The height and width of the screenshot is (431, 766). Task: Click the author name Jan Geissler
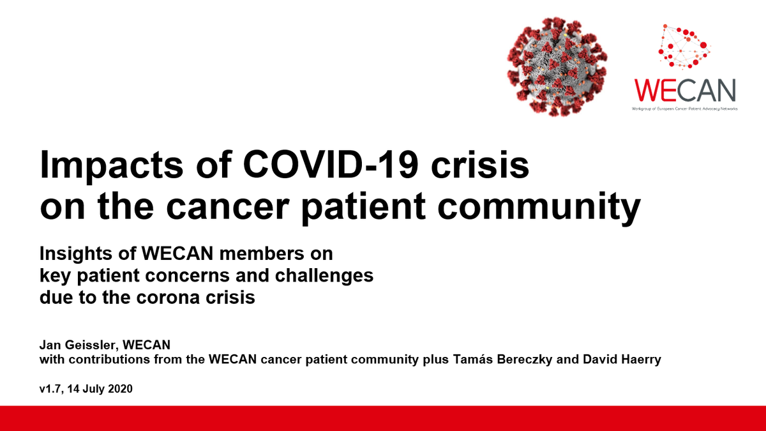point(74,345)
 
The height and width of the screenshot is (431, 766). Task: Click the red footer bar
point(383,418)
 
